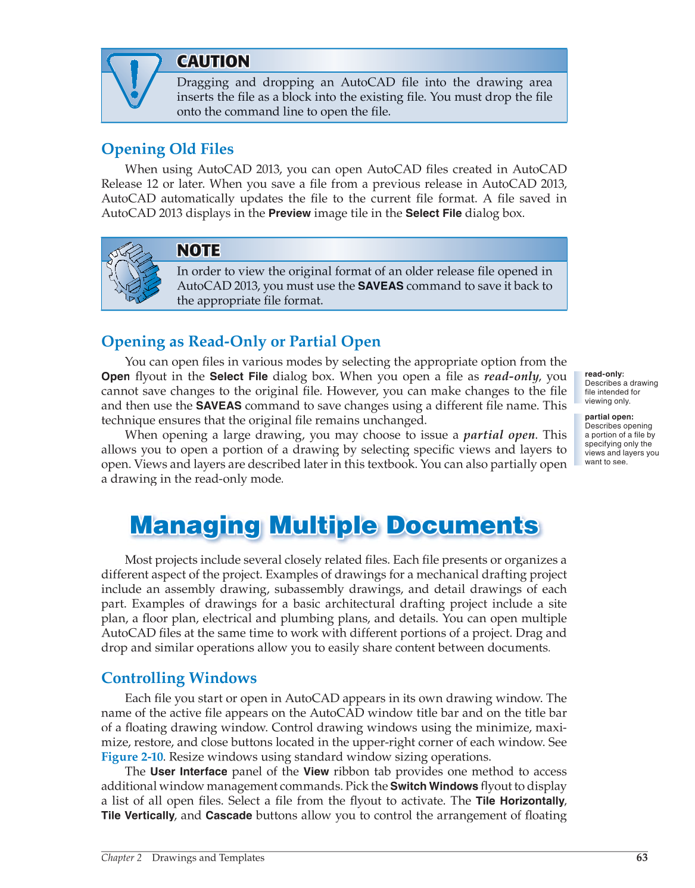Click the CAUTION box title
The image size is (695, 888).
[213, 61]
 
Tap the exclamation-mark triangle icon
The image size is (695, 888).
[135, 80]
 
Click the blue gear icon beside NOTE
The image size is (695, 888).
[134, 272]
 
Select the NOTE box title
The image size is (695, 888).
[198, 250]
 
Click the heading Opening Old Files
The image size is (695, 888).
[167, 149]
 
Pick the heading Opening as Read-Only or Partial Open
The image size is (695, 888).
[241, 341]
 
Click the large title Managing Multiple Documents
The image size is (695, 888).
[334, 526]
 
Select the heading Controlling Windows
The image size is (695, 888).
[179, 678]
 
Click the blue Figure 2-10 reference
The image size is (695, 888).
[132, 757]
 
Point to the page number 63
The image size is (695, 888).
[641, 858]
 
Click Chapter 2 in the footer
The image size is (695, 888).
[121, 858]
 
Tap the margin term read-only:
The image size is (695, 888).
[604, 374]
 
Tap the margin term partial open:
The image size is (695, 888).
[609, 417]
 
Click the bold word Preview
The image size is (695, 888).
[289, 213]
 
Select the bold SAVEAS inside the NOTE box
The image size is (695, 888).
[381, 286]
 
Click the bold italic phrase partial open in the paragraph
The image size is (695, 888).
[499, 435]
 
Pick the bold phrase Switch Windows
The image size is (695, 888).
[434, 787]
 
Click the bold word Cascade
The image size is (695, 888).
[229, 815]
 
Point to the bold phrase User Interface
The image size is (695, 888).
[189, 772]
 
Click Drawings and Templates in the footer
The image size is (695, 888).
[208, 858]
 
